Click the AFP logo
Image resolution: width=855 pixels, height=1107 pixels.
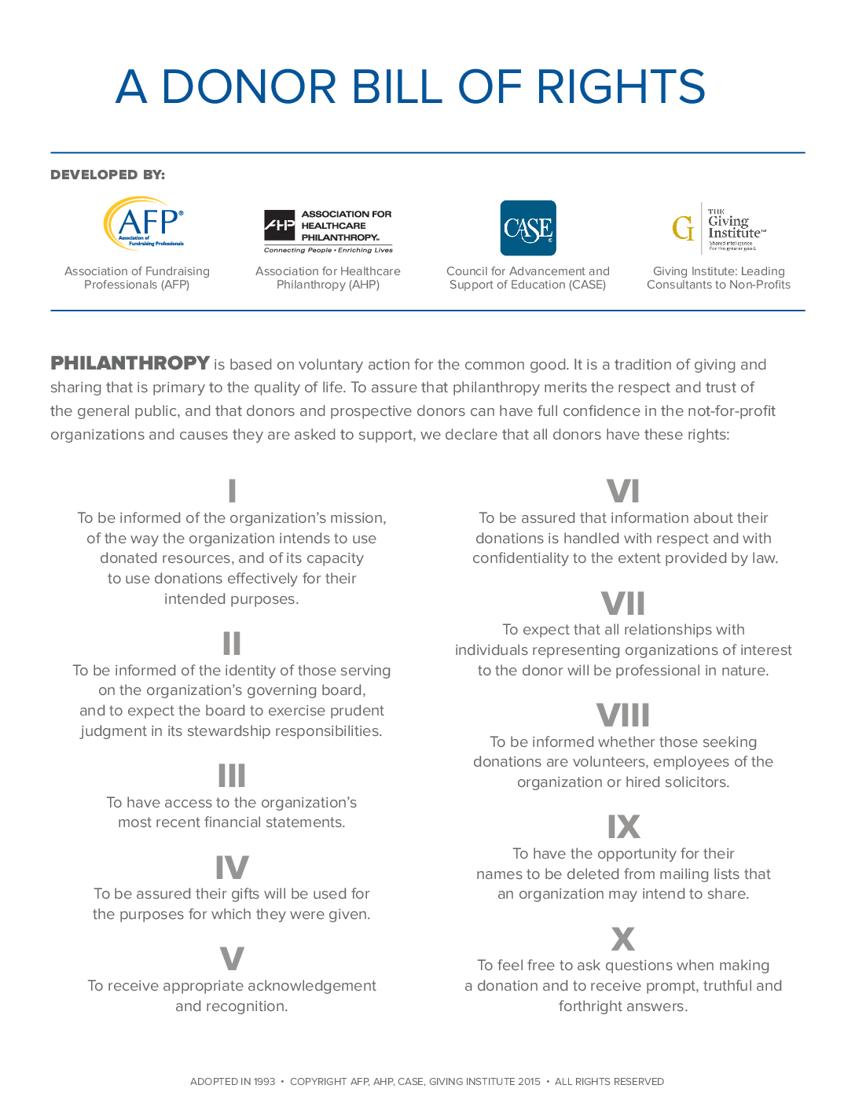click(x=145, y=223)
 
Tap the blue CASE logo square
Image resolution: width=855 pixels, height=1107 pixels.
click(x=528, y=228)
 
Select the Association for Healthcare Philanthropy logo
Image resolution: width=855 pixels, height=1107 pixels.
click(x=328, y=230)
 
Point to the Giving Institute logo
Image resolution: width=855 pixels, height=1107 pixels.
click(x=718, y=228)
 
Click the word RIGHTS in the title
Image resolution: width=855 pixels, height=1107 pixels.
click(x=621, y=86)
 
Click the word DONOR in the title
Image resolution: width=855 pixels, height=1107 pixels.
click(x=249, y=86)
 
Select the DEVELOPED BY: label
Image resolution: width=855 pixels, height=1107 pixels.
click(x=108, y=175)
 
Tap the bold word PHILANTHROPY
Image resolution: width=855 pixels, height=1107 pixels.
click(x=130, y=363)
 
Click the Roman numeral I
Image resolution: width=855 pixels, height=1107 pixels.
click(x=232, y=491)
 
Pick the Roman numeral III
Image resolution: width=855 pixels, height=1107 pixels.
click(x=232, y=775)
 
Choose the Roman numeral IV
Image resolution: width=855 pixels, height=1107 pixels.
click(x=232, y=867)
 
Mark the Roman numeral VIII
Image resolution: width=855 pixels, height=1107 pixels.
click(x=623, y=715)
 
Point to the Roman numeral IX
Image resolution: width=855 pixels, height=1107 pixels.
click(x=623, y=827)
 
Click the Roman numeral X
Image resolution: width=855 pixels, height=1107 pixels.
click(x=623, y=939)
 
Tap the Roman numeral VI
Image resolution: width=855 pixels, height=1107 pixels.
click(x=623, y=491)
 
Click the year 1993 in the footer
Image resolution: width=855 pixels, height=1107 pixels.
click(x=264, y=1082)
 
